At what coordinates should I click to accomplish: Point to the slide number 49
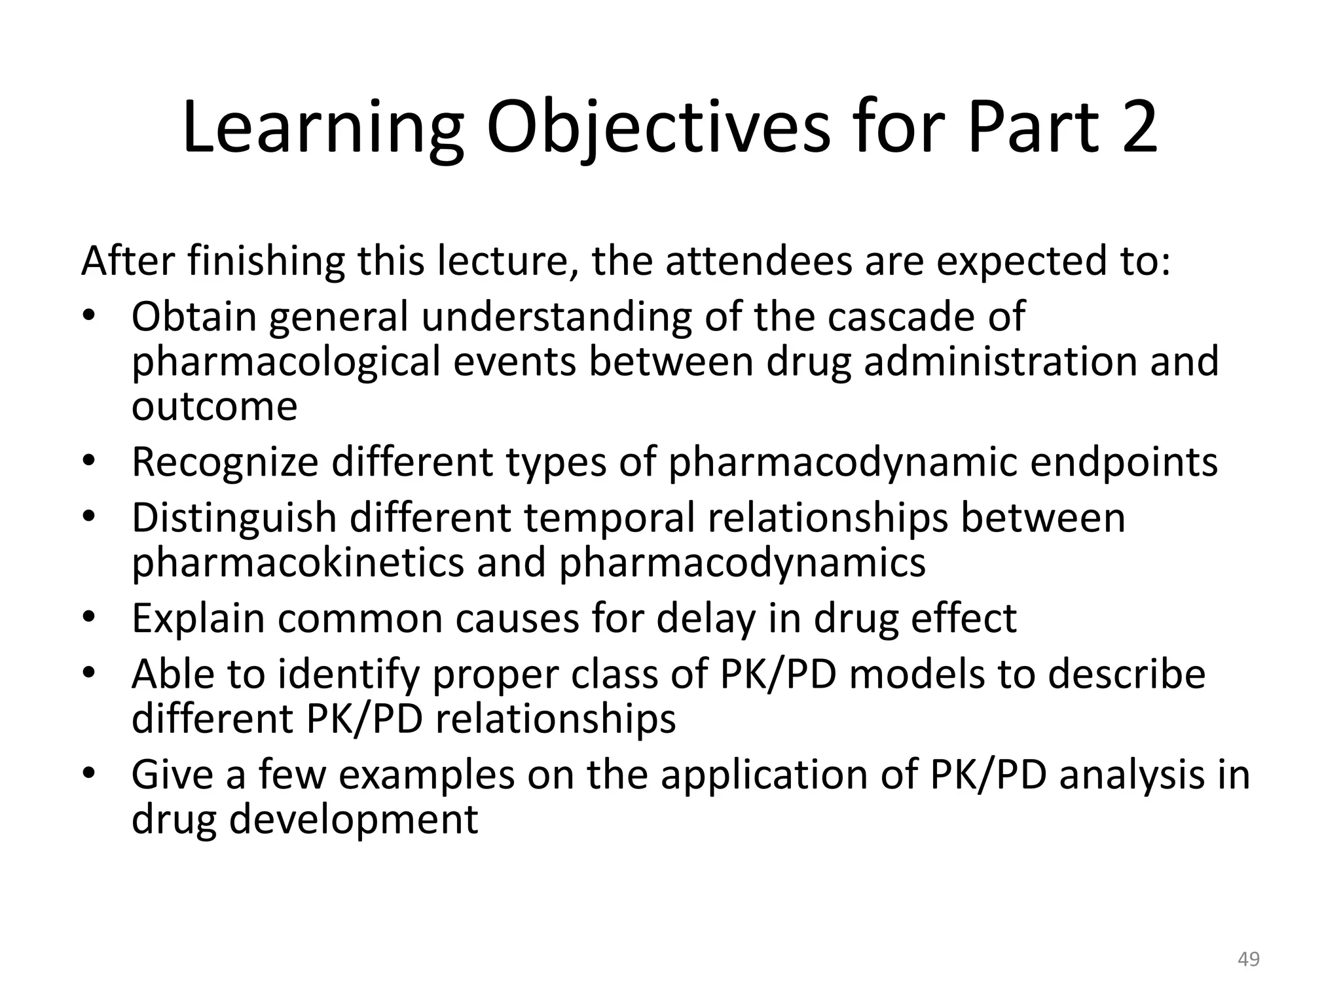(1249, 959)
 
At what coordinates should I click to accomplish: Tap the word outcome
(214, 407)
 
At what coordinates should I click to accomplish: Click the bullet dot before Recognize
(90, 462)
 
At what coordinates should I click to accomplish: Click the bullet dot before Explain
(90, 618)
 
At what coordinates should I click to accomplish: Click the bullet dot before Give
(90, 775)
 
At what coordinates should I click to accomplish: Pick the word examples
(426, 775)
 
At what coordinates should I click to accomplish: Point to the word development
(353, 819)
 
